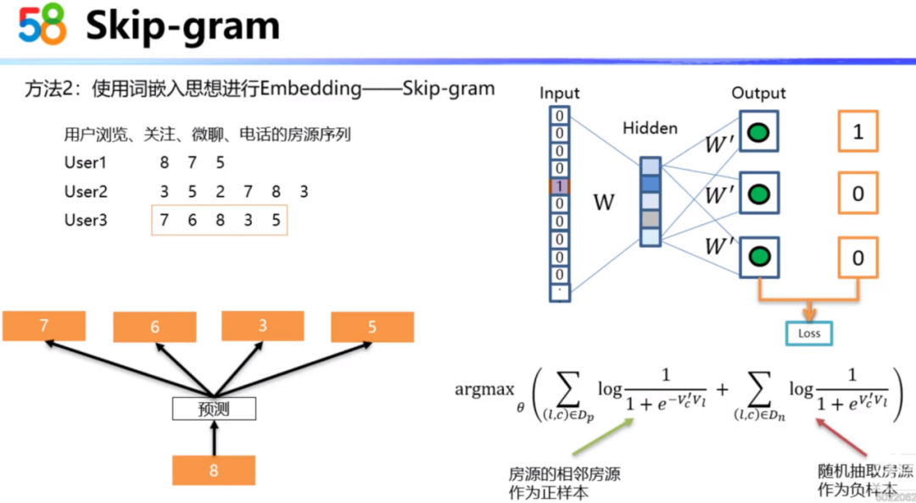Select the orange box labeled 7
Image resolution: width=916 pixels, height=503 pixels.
(x=44, y=326)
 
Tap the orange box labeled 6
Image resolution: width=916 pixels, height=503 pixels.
(x=154, y=327)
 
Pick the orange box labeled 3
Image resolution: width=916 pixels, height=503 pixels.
(x=263, y=326)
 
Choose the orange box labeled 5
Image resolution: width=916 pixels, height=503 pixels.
(x=372, y=327)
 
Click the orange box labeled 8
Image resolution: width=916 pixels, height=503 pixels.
(x=214, y=470)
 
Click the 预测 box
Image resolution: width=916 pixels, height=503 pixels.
(x=214, y=409)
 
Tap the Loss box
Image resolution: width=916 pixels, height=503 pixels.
(x=809, y=333)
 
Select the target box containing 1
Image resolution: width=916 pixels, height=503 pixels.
(x=857, y=131)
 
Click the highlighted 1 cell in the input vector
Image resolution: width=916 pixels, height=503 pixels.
(x=560, y=186)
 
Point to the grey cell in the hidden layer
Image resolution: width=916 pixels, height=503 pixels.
(x=650, y=219)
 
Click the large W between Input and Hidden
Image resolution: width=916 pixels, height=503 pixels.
(x=603, y=202)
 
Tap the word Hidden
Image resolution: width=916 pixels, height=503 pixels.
(x=650, y=128)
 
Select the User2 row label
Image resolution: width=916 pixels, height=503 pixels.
(x=86, y=192)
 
